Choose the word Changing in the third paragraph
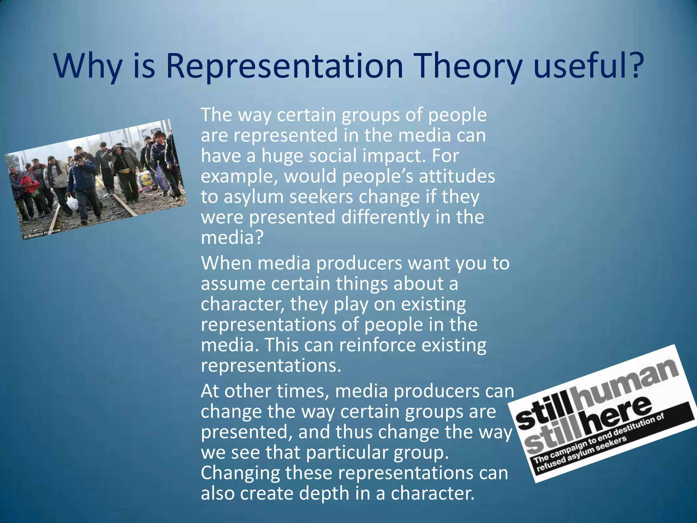click(240, 473)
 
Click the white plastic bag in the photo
click(72, 203)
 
